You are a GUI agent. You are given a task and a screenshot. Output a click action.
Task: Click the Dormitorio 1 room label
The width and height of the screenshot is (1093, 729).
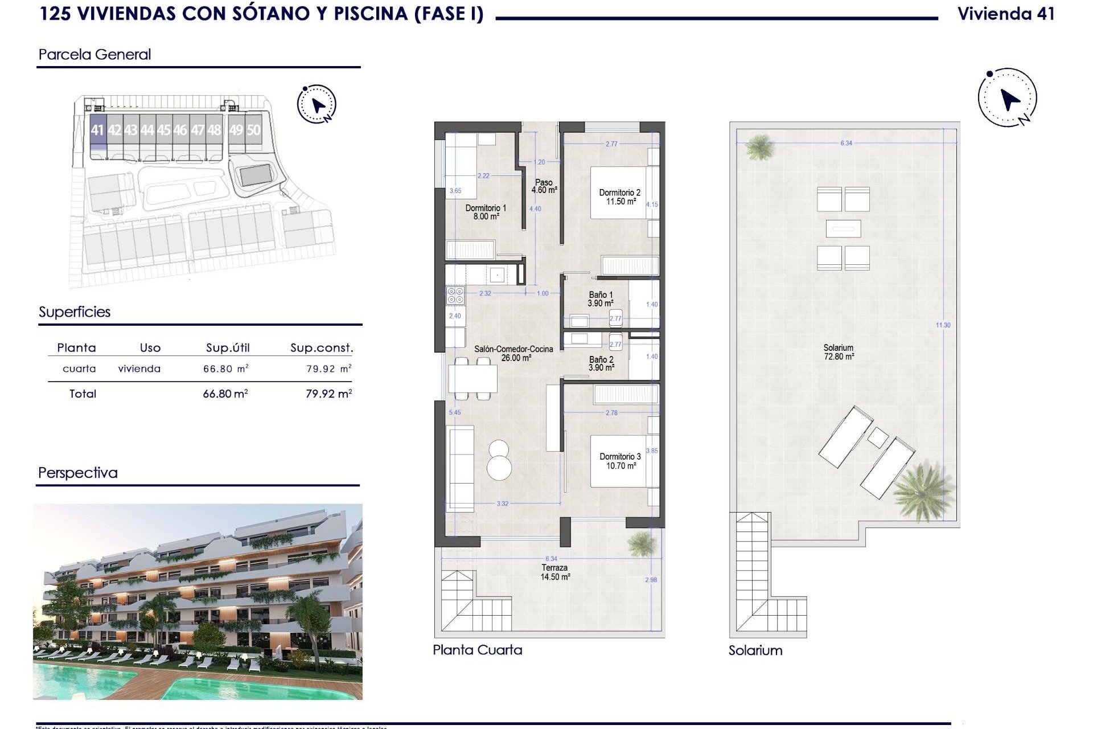486,212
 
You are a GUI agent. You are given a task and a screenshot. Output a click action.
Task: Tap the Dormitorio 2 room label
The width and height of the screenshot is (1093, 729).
620,197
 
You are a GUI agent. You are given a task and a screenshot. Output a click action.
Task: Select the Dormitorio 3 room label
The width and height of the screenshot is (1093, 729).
620,461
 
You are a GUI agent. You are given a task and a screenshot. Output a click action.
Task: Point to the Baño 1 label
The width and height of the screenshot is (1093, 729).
601,299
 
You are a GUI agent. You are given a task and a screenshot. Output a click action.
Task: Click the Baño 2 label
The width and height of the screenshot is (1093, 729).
601,364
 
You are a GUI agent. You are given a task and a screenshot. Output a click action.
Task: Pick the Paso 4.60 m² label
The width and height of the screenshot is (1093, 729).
544,186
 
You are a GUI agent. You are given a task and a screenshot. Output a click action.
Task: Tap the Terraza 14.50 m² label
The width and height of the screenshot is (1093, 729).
554,572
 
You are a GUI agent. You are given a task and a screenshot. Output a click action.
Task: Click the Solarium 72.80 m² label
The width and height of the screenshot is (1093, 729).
839,352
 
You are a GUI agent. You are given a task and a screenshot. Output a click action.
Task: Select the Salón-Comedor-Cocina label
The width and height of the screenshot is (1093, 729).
513,353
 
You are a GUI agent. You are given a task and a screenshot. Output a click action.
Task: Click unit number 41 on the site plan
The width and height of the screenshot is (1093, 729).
97,130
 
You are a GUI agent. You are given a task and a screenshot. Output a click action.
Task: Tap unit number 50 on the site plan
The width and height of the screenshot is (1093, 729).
253,130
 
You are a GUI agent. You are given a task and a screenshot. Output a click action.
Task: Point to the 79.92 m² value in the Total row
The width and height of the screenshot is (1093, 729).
328,394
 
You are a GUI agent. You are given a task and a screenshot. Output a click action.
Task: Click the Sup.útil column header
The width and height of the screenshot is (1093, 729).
228,348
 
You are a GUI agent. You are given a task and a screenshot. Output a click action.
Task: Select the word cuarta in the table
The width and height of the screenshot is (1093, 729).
79,368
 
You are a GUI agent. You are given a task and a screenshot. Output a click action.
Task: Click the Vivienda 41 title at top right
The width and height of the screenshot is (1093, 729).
1006,14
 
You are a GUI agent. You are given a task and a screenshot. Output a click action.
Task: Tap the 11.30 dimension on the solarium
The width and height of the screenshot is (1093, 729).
943,325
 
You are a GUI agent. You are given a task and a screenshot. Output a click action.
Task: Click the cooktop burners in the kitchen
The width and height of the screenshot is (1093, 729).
455,295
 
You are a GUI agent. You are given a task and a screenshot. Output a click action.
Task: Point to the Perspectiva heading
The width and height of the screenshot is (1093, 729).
78,473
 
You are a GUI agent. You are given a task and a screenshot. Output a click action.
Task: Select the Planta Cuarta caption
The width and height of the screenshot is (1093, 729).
477,650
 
